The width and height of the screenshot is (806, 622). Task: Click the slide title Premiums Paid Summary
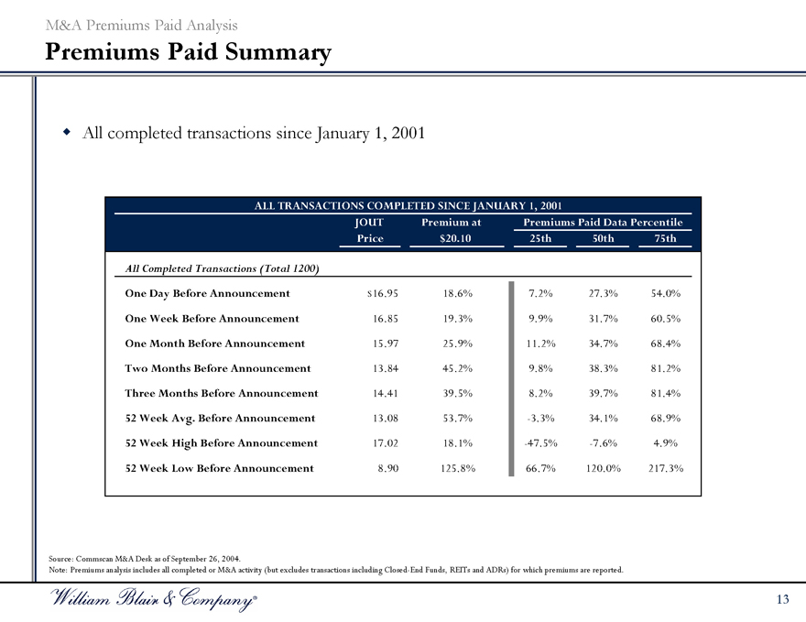[x=188, y=52]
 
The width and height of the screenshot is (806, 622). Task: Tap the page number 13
[x=781, y=599]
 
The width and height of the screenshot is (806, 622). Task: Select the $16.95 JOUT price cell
[x=381, y=293]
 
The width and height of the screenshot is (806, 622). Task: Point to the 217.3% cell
[x=665, y=468]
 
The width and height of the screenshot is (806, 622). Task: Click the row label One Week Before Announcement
[x=212, y=319]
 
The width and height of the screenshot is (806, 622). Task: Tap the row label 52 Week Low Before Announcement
[x=219, y=468]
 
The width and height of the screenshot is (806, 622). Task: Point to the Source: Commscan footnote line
[x=144, y=558]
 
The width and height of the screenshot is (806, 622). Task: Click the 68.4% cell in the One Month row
[x=665, y=344]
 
